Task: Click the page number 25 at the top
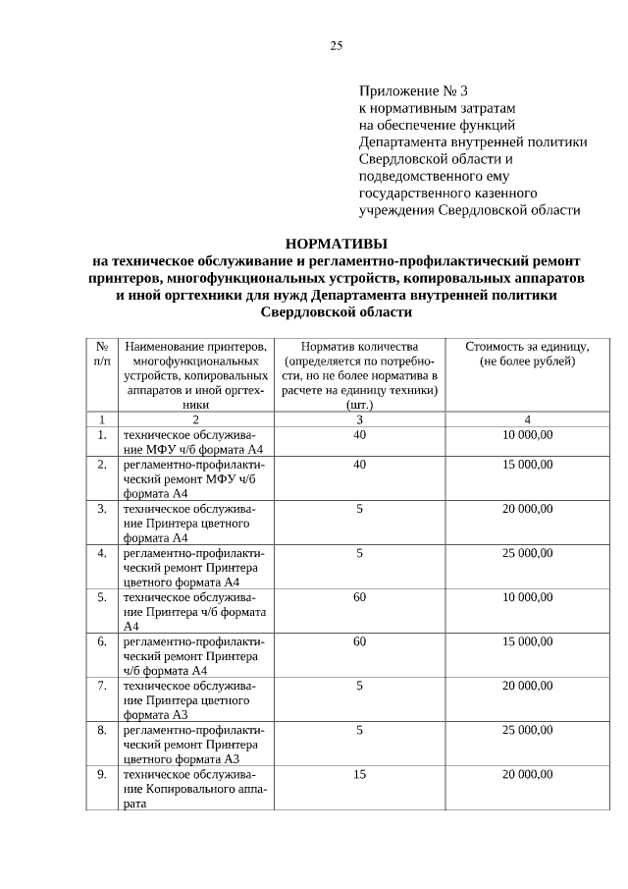point(336,46)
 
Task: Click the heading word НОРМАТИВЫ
point(336,243)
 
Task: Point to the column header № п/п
point(101,355)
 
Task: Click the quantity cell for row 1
point(359,434)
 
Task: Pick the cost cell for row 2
point(527,464)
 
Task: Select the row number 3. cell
point(102,509)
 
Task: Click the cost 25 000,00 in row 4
point(527,553)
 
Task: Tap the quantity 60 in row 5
point(359,597)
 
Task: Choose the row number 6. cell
point(102,641)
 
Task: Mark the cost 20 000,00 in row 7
point(527,686)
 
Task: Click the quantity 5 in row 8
point(359,730)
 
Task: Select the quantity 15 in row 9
point(359,774)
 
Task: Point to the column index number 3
point(359,419)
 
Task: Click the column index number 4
point(527,419)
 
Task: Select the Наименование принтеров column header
point(196,374)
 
